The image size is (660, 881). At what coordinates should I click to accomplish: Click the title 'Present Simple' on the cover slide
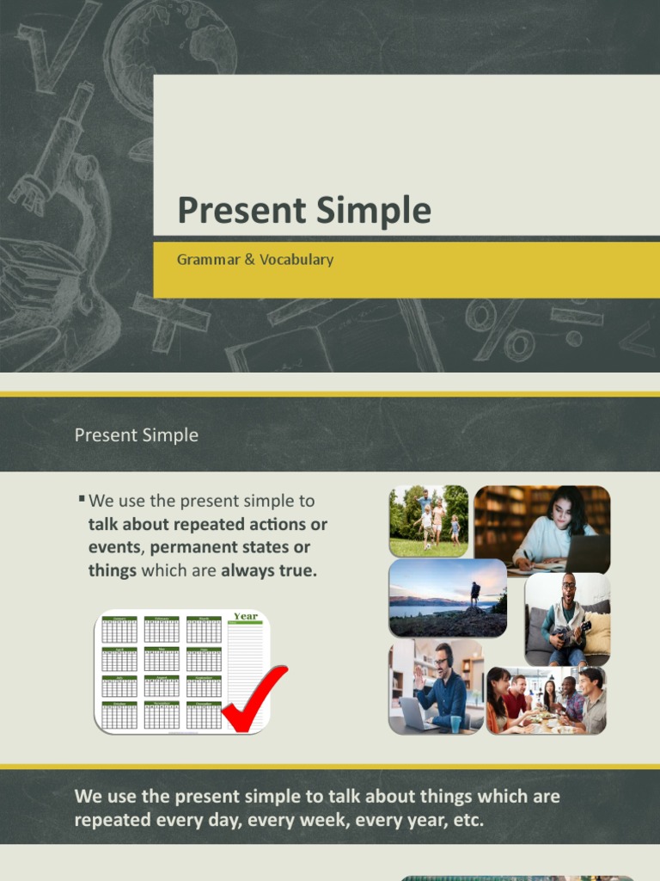(303, 211)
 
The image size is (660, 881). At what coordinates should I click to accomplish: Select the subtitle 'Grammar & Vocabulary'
(254, 259)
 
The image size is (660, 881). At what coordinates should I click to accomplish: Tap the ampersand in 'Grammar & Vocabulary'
(250, 259)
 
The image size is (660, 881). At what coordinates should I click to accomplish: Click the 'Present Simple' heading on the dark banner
(136, 435)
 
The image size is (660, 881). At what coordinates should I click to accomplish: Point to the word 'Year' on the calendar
(246, 616)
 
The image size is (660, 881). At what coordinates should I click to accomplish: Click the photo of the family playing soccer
(428, 521)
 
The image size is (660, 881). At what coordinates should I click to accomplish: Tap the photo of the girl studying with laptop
(542, 529)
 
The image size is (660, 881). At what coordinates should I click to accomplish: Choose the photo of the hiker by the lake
(448, 598)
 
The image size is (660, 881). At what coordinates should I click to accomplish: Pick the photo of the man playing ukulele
(567, 619)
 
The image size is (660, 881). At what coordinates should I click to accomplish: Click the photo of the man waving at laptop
(436, 687)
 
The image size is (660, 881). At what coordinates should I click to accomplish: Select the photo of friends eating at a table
(547, 700)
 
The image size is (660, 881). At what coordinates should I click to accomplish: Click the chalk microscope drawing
(60, 172)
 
